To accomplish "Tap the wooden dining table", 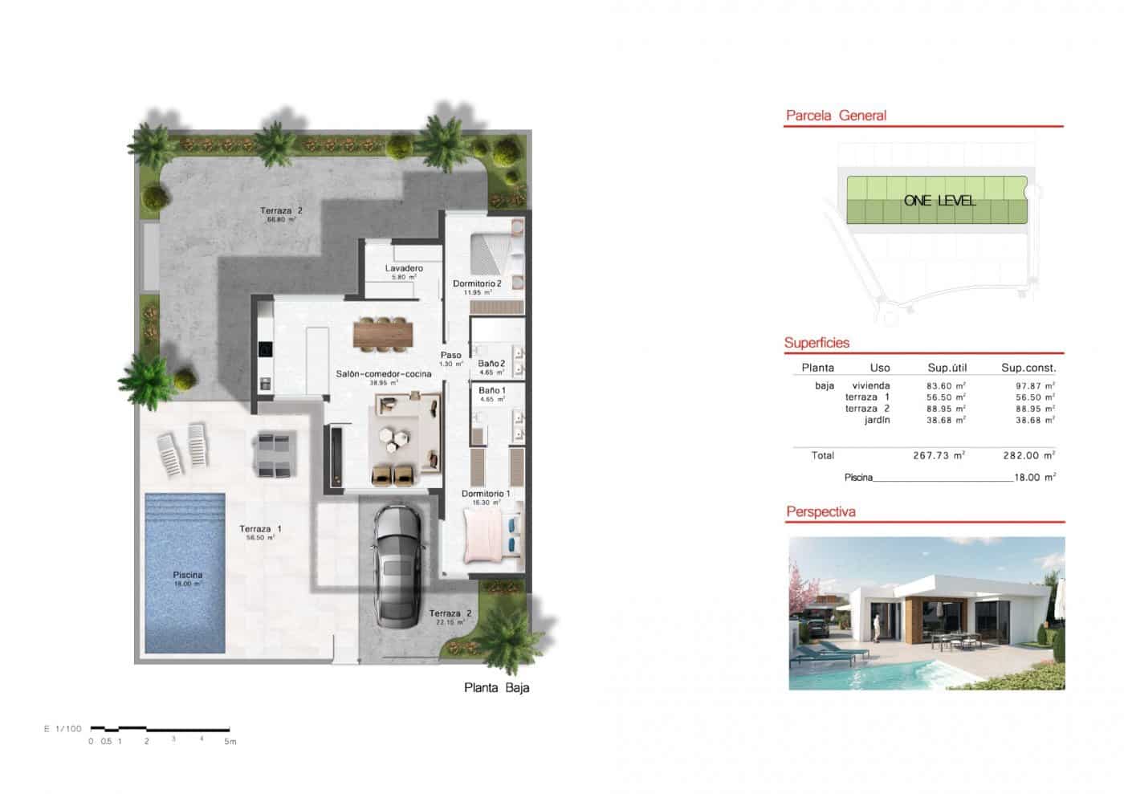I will [x=383, y=334].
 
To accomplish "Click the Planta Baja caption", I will [x=496, y=688].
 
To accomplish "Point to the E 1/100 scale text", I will [x=63, y=729].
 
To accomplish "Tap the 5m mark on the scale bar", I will [x=230, y=742].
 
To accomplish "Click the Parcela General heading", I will [x=836, y=116].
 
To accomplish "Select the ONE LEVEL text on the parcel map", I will [x=939, y=201].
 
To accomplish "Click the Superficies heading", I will [x=817, y=343].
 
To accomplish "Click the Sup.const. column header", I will [x=1028, y=368].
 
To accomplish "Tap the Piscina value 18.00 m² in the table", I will [x=1035, y=477].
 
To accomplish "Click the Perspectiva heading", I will [x=821, y=512].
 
